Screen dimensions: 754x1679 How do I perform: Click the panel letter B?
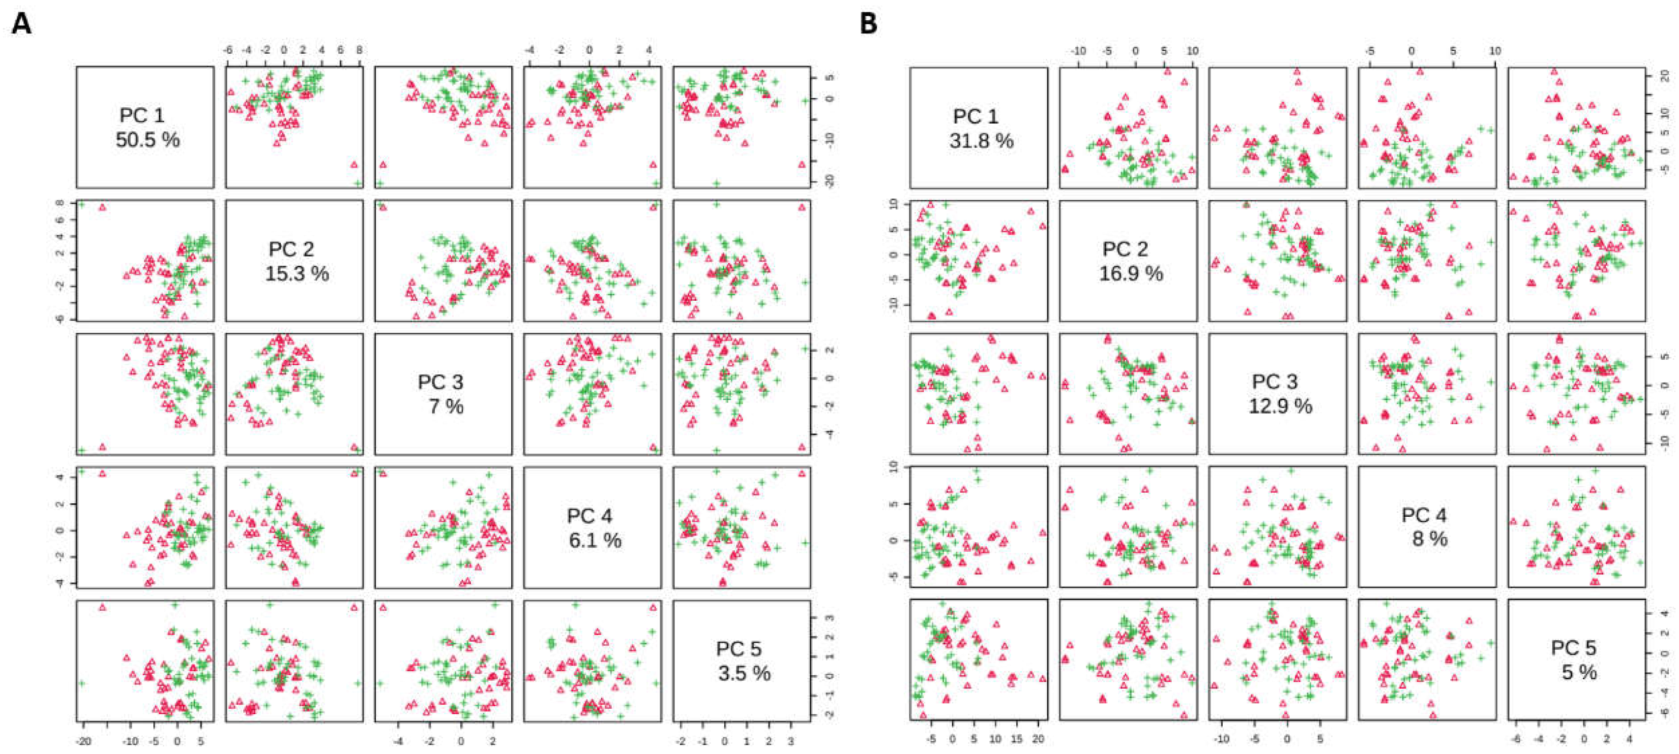tap(868, 24)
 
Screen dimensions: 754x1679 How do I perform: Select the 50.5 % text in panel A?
tap(147, 140)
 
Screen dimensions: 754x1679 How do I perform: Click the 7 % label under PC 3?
tap(446, 407)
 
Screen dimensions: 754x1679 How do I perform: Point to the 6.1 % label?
tap(594, 540)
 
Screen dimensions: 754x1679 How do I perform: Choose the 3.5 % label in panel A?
tap(744, 673)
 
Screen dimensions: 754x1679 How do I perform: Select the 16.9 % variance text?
tap(1131, 273)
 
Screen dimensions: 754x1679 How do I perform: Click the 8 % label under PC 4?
tap(1429, 539)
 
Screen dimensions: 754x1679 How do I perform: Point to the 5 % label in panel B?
tap(1579, 672)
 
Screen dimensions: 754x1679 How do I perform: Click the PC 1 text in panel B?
tap(976, 116)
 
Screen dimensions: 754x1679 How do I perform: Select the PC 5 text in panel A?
tap(738, 649)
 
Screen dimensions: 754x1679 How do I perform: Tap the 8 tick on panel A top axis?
tap(359, 50)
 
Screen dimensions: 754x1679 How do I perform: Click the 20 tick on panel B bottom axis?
tap(1038, 739)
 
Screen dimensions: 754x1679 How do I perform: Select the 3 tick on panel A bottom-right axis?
tap(791, 742)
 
